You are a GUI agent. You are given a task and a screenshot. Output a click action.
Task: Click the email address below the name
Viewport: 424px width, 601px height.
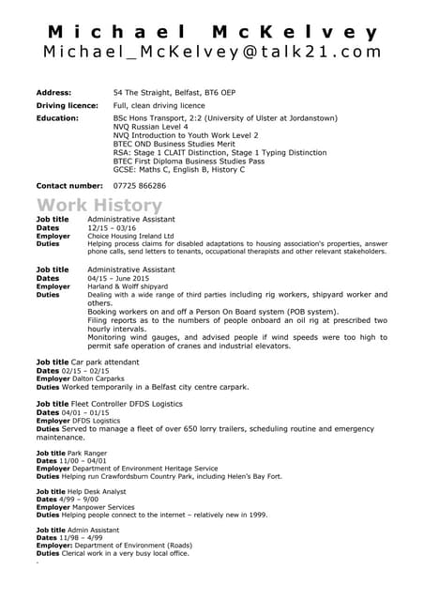(x=212, y=53)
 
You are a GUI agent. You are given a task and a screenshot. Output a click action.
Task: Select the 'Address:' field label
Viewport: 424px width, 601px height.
(x=53, y=93)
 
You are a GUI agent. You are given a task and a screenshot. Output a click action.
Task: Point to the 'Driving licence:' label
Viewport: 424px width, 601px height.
(x=67, y=106)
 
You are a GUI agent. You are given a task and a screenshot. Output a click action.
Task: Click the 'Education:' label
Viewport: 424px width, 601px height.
(x=57, y=119)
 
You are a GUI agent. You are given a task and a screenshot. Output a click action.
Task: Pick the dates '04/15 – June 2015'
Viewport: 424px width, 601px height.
(x=118, y=278)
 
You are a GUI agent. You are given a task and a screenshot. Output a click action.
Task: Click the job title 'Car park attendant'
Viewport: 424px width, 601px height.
(x=110, y=362)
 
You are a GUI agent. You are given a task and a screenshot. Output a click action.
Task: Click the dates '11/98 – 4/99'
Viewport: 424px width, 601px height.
(x=86, y=537)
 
